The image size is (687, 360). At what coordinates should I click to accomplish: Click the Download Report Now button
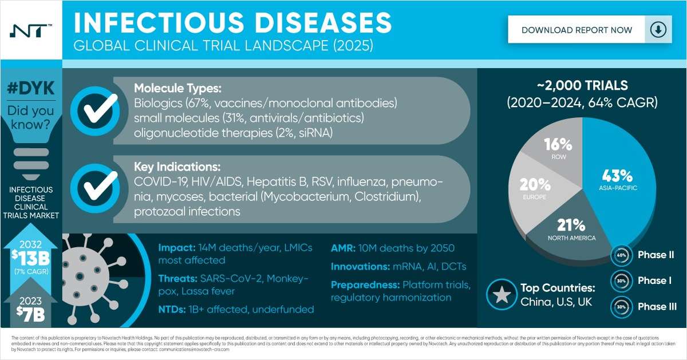[x=577, y=30]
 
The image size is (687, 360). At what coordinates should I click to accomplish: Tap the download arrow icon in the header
[x=658, y=30]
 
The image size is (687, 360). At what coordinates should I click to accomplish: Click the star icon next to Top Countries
[x=502, y=294]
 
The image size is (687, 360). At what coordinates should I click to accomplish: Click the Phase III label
[x=657, y=306]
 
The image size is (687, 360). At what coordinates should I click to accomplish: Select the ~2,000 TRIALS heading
[x=582, y=86]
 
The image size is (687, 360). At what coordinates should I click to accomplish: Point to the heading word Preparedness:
[x=364, y=284]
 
